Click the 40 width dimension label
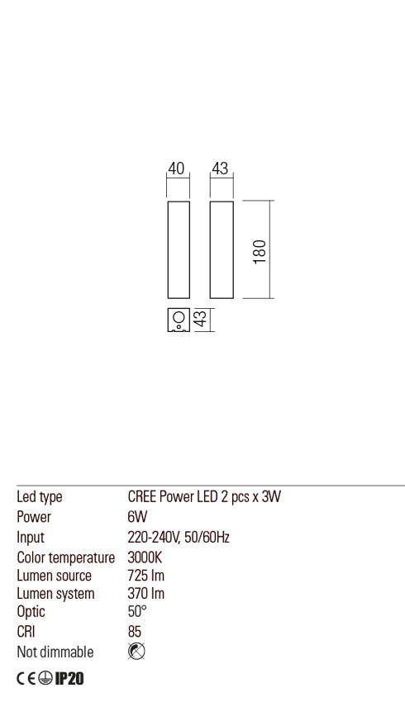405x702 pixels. click(176, 168)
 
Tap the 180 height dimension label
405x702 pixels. click(260, 252)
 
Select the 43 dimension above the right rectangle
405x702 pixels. click(220, 168)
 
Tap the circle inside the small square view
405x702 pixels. click(179, 317)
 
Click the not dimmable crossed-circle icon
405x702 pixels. click(136, 652)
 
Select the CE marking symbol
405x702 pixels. click(26, 679)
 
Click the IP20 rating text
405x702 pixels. click(69, 679)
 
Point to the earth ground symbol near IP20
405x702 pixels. click(45, 679)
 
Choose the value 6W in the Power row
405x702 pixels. click(137, 517)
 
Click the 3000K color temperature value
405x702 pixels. click(145, 557)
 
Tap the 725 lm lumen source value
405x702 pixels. click(146, 576)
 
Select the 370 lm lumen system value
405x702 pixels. click(146, 593)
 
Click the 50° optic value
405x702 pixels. click(137, 611)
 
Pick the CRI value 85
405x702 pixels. click(135, 631)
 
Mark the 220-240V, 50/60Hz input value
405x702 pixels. click(179, 538)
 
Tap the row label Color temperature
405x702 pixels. click(66, 557)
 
